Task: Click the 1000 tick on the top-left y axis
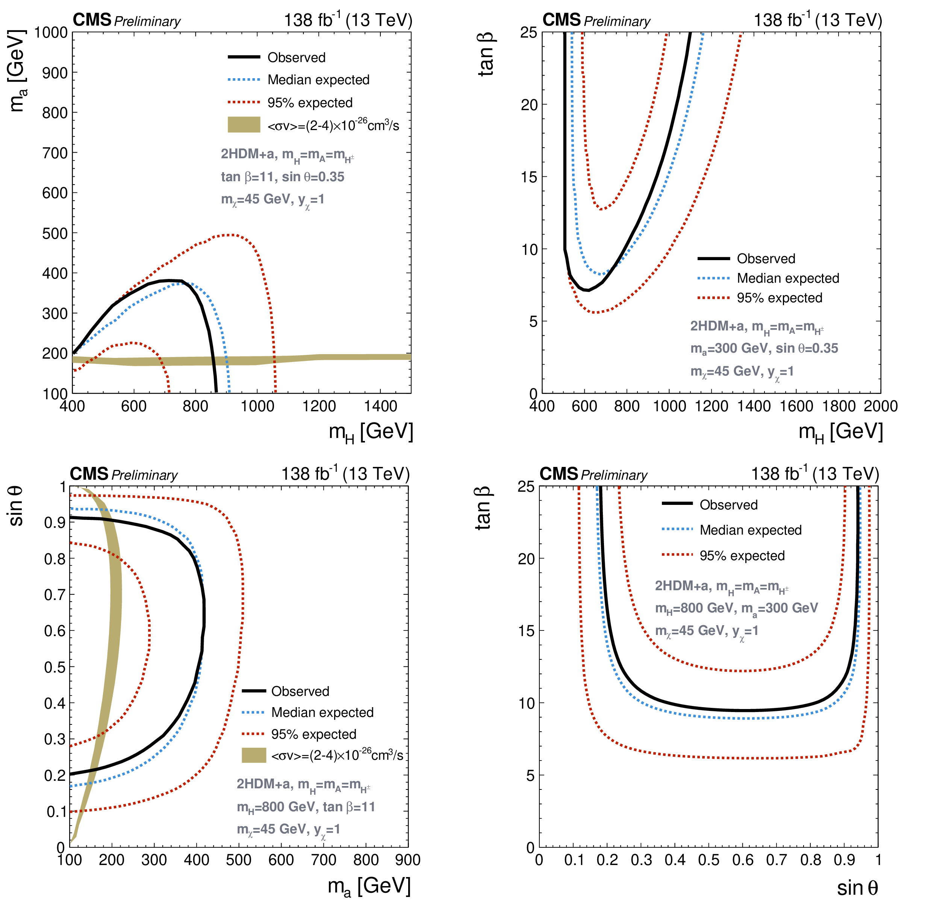click(51, 32)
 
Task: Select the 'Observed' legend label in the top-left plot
click(297, 58)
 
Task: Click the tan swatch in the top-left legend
click(244, 125)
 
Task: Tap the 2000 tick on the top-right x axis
click(881, 406)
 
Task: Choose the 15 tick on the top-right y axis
click(529, 177)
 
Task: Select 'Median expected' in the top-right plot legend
click(788, 278)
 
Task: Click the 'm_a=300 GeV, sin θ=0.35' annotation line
click(764, 348)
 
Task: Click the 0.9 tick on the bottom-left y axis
click(55, 523)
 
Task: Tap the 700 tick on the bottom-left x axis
click(324, 860)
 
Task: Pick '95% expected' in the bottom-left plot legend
click(313, 734)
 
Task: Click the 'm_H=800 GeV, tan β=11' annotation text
click(306, 807)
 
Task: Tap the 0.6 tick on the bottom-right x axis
click(743, 860)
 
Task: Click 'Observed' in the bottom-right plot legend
click(728, 505)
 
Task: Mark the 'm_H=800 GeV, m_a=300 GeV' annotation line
click(736, 608)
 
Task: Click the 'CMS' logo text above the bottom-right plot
click(559, 474)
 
